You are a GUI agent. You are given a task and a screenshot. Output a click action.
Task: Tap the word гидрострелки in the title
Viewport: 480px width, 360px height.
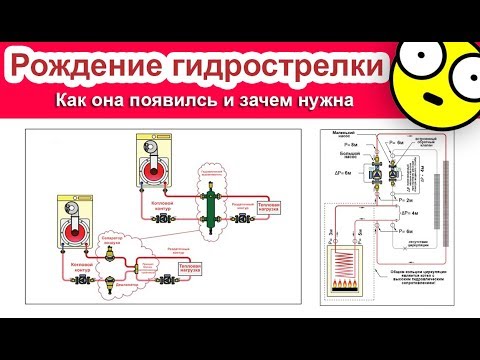pos(282,68)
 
